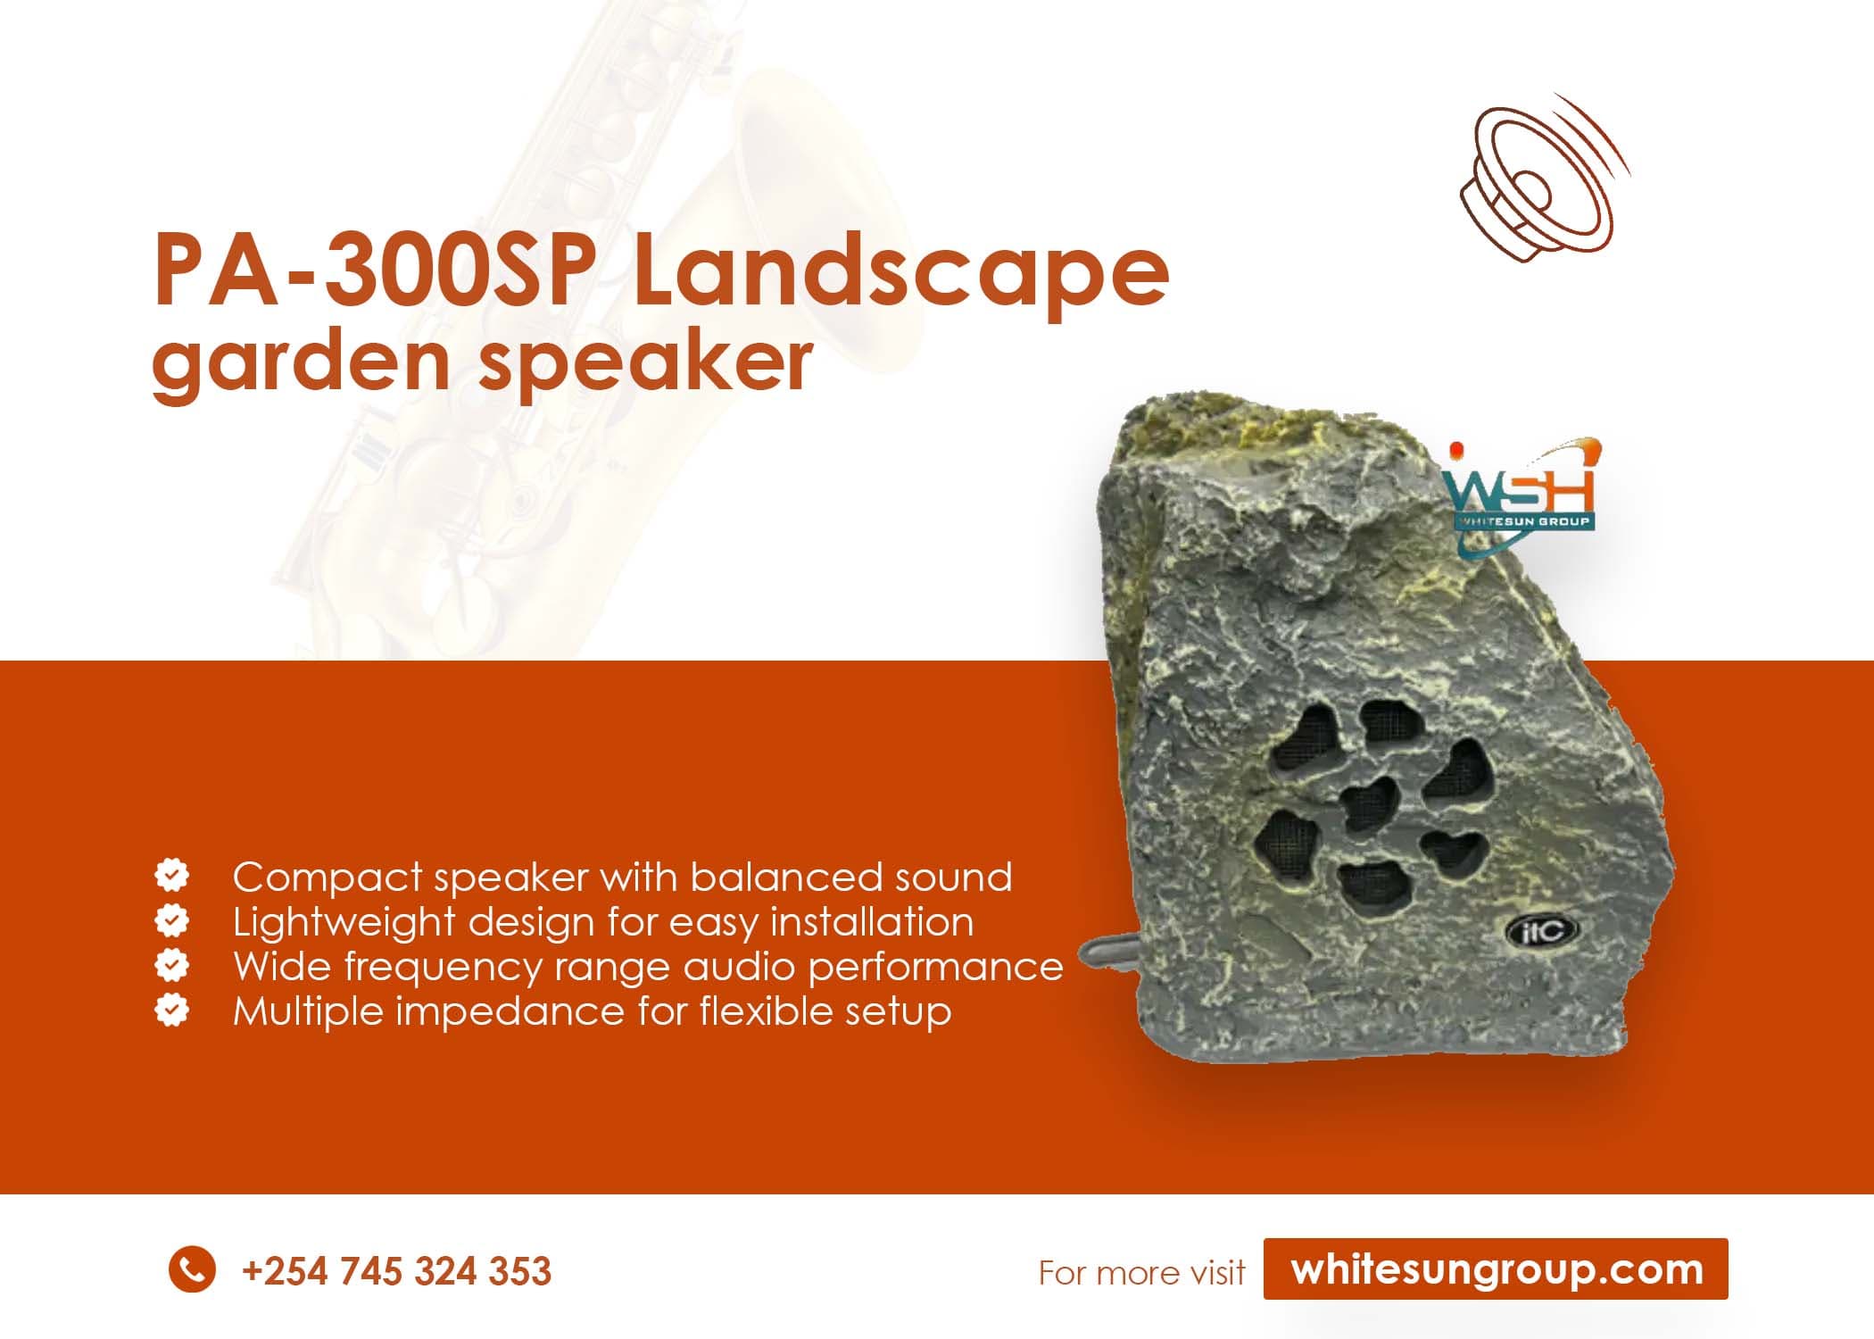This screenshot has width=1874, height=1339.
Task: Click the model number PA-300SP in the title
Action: click(x=375, y=270)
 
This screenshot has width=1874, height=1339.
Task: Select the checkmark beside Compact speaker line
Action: click(x=171, y=876)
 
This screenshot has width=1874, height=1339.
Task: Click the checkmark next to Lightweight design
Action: click(x=171, y=920)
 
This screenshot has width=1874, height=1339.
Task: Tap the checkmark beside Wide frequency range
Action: click(x=171, y=965)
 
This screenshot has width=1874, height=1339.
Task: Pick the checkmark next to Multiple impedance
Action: click(x=171, y=1010)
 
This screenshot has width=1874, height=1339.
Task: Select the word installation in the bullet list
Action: click(x=871, y=921)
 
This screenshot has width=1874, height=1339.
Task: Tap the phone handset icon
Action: click(x=192, y=1268)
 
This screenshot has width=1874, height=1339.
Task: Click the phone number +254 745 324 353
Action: click(x=396, y=1271)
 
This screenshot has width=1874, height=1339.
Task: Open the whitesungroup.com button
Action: click(x=1496, y=1268)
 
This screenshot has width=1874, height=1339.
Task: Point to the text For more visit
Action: click(x=1141, y=1272)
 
